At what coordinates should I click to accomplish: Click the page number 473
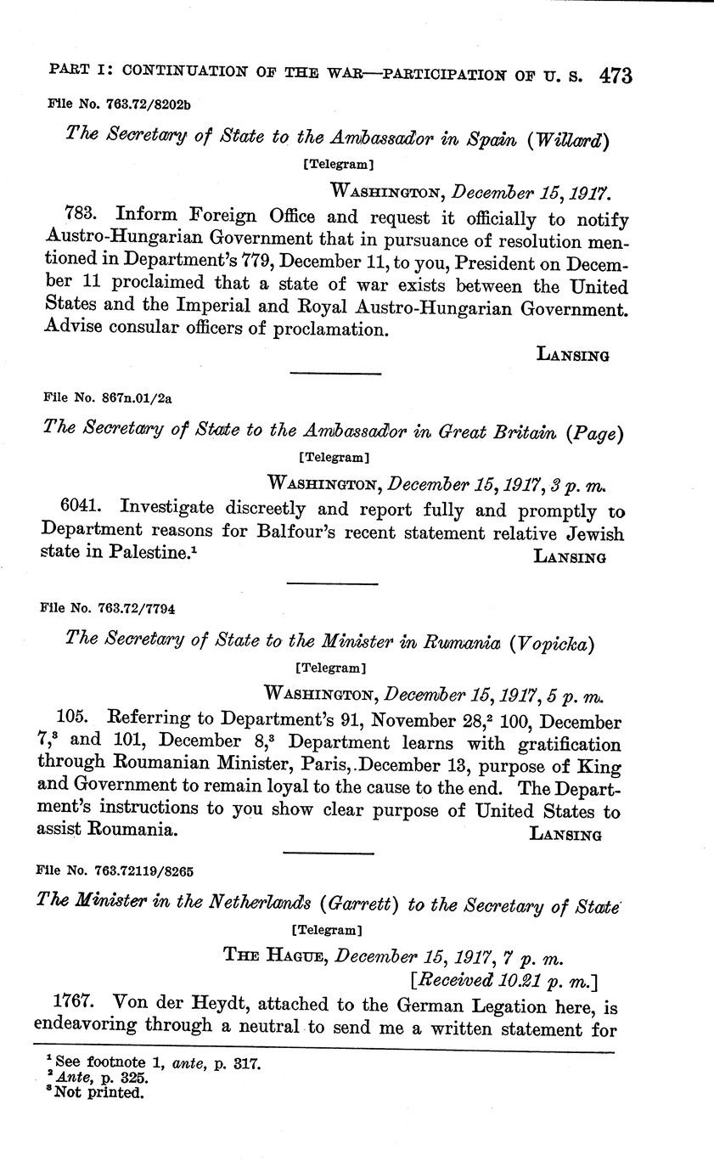(615, 76)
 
